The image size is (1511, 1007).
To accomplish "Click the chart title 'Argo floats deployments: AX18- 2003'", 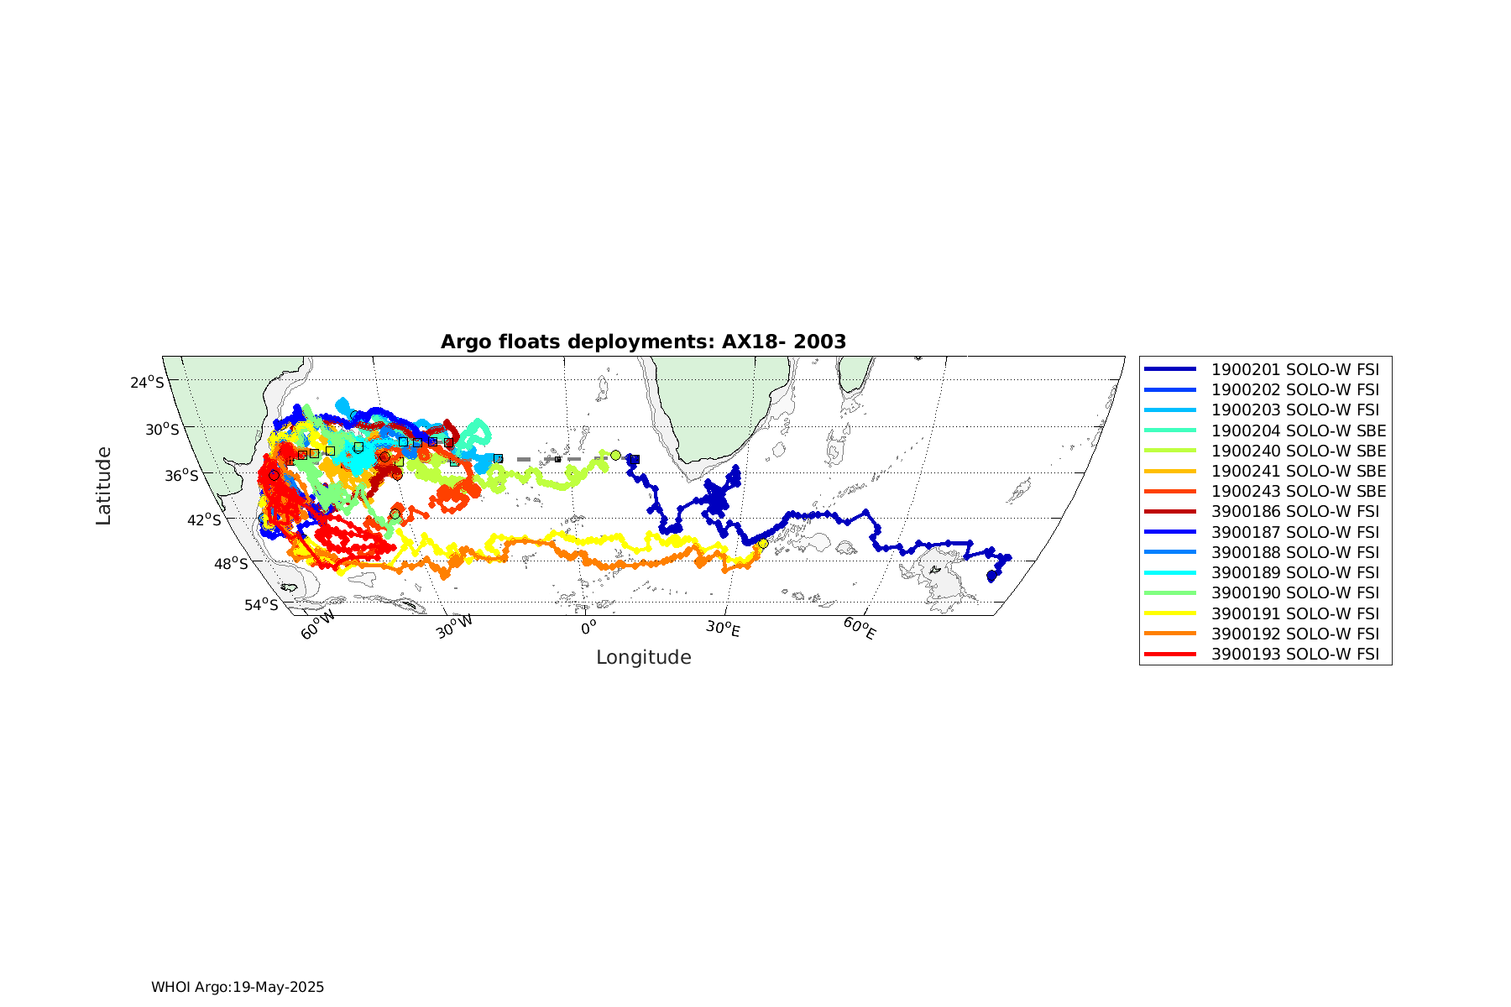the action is click(x=643, y=342).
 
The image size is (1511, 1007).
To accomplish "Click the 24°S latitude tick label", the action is click(x=148, y=383).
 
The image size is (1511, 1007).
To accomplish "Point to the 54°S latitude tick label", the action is click(x=261, y=605).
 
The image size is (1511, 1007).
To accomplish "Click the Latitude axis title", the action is click(x=103, y=486).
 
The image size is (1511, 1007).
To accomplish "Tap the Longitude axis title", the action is click(x=644, y=658).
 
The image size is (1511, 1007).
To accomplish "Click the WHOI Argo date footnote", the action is click(x=238, y=987).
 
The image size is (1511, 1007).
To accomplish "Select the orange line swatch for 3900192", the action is click(x=1170, y=634).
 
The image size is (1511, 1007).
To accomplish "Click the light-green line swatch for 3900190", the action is click(x=1170, y=593).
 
